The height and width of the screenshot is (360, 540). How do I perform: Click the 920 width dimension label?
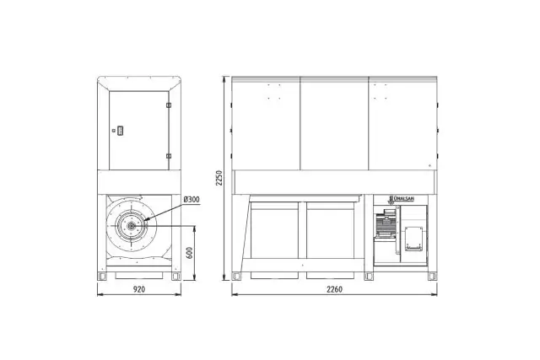click(139, 289)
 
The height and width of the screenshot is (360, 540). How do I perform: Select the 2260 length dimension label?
click(334, 289)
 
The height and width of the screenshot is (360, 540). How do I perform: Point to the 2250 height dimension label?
click(219, 178)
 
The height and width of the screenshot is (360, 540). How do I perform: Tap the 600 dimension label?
click(189, 253)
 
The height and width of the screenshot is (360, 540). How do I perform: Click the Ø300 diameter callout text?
click(192, 200)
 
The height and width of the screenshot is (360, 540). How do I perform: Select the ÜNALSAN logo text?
click(403, 199)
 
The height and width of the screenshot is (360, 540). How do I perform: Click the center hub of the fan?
click(132, 226)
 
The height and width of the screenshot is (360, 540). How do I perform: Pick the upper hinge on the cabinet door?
click(169, 105)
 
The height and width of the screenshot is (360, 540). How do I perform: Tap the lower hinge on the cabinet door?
click(169, 156)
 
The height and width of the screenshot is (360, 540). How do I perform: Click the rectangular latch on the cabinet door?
click(120, 131)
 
